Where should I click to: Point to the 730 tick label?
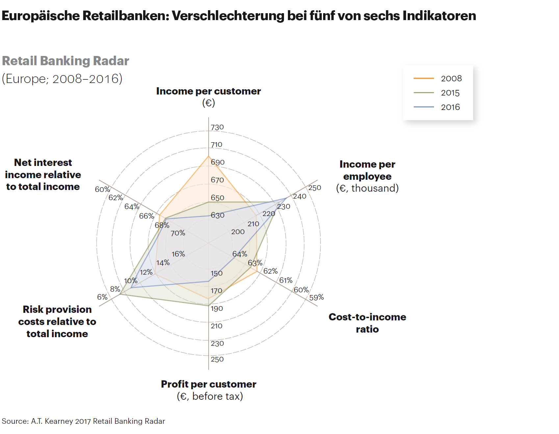(217, 127)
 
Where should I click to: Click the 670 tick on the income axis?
(217, 180)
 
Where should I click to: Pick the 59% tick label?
(316, 297)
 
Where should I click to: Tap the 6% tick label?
(102, 297)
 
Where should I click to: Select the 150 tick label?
(216, 273)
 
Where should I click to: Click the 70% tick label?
(178, 233)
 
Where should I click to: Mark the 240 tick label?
(299, 196)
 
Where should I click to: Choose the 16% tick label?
(178, 254)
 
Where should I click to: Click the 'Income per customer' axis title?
(208, 91)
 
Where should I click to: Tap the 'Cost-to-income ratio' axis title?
(367, 323)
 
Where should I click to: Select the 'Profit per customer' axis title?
(208, 384)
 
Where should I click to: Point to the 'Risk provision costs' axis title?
(57, 321)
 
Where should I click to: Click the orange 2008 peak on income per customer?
(208, 156)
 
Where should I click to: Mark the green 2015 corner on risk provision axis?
(120, 294)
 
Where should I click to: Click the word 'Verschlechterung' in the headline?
(228, 15)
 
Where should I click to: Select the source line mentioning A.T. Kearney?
(83, 421)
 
